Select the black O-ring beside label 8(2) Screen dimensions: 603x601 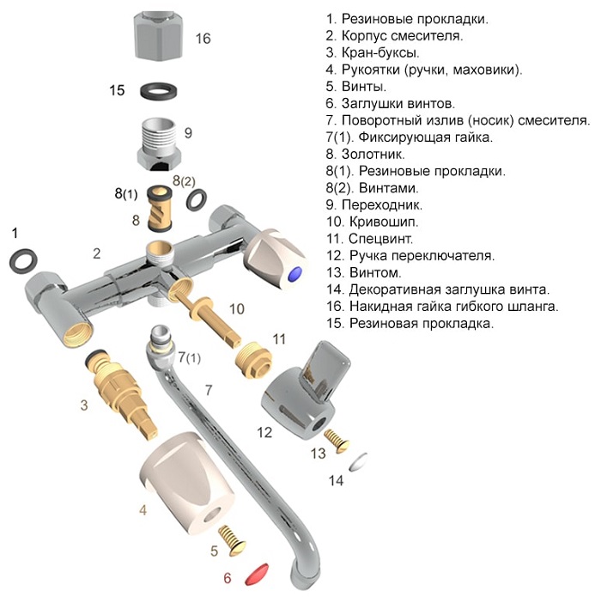pos(197,200)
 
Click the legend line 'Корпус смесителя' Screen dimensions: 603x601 pos(394,36)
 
